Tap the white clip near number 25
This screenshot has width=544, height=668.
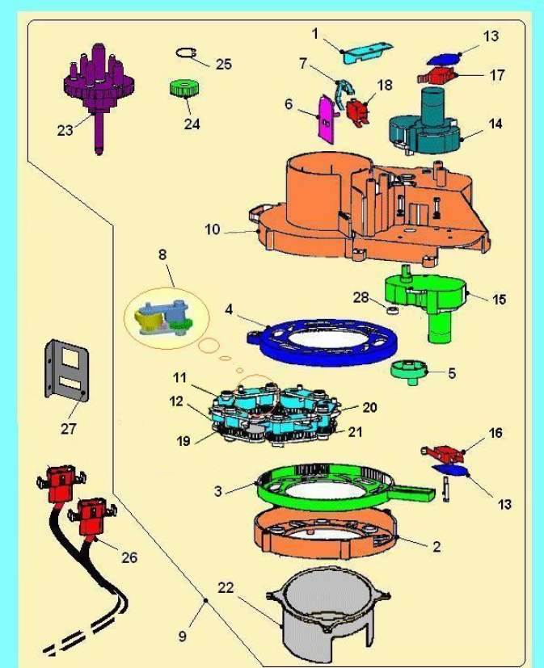(186, 52)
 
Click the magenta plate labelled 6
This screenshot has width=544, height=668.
(327, 120)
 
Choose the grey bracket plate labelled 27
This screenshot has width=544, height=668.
(67, 371)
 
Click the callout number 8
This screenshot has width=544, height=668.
(162, 254)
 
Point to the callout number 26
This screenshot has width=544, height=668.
(129, 557)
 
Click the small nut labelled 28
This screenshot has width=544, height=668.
(392, 309)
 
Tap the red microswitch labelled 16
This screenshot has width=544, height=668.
(444, 454)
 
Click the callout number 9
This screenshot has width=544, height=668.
(183, 636)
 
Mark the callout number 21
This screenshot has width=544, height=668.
(356, 432)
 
